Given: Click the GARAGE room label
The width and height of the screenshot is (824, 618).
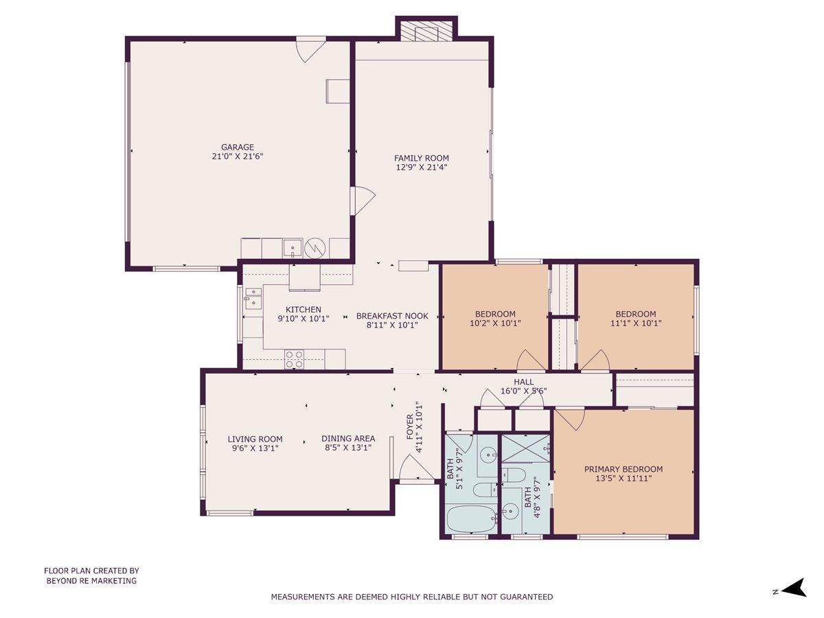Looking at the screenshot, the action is tap(238, 147).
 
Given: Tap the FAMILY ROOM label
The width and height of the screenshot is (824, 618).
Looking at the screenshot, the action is tap(421, 158).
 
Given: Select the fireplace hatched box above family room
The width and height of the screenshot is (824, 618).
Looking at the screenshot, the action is tap(426, 31).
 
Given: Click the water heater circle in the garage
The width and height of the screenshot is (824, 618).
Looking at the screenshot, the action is tap(314, 249).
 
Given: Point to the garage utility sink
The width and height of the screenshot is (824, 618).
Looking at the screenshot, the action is tap(293, 249).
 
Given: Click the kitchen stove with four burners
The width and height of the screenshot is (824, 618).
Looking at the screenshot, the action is tap(295, 359).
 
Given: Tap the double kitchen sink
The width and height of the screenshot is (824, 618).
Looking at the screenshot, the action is tap(254, 298).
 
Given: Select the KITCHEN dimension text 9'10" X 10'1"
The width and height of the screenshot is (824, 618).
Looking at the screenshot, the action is tap(304, 319).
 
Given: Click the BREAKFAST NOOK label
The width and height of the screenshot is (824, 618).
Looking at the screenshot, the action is tap(392, 316).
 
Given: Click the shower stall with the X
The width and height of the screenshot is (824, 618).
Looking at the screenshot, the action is tap(525, 448).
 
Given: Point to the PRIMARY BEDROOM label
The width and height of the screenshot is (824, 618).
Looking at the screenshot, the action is tap(623, 469).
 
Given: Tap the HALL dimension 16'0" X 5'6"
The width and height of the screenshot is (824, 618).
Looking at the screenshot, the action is tap(524, 391).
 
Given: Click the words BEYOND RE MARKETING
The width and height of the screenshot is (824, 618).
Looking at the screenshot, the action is tap(91, 581).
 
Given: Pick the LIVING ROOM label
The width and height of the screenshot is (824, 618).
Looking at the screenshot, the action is tap(255, 439).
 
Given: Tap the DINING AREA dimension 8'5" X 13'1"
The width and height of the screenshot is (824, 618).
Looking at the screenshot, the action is tap(348, 448).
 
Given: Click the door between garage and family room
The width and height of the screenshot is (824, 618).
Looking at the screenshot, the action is tap(363, 201).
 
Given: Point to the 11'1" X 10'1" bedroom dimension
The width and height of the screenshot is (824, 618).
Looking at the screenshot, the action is tap(636, 323).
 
